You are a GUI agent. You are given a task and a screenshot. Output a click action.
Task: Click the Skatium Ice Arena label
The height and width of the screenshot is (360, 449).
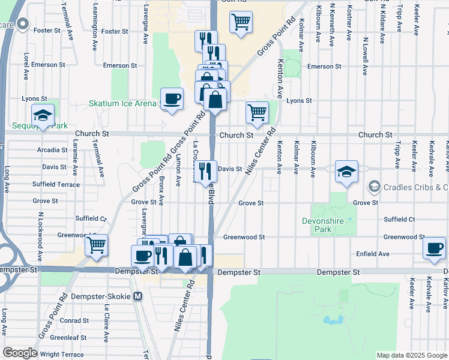pos(122,103)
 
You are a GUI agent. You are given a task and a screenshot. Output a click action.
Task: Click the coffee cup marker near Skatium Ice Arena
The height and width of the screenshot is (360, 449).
pos(172,98)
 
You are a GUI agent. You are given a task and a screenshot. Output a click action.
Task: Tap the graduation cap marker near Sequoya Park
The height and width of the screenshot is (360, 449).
pos(43,115)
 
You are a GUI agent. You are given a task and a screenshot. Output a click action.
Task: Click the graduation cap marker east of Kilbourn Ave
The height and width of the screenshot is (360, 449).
pos(346,171)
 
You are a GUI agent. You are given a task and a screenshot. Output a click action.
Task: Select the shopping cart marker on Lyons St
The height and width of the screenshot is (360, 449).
pos(257,112)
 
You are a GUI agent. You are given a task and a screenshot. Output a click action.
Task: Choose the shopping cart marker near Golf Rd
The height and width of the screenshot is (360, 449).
pos(241,23)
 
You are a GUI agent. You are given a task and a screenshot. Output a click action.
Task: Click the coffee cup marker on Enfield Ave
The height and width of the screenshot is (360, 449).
pos(434,248)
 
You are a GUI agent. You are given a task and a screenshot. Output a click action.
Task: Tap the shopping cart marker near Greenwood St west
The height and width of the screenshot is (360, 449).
pos(96,245)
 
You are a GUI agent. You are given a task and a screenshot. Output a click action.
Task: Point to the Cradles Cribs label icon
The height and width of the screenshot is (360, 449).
pos(375,187)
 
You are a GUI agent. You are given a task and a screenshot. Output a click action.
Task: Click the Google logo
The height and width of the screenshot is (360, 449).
pos(20,353)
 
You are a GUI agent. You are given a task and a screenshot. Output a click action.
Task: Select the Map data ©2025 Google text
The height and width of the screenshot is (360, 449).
pos(411,355)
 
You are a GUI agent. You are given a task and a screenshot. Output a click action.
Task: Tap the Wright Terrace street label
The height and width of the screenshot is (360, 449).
pos(62,355)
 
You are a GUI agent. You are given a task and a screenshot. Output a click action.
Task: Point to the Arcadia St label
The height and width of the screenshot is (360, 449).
pos(52,150)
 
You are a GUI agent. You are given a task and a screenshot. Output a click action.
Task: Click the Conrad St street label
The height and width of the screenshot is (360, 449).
pos(74,320)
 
